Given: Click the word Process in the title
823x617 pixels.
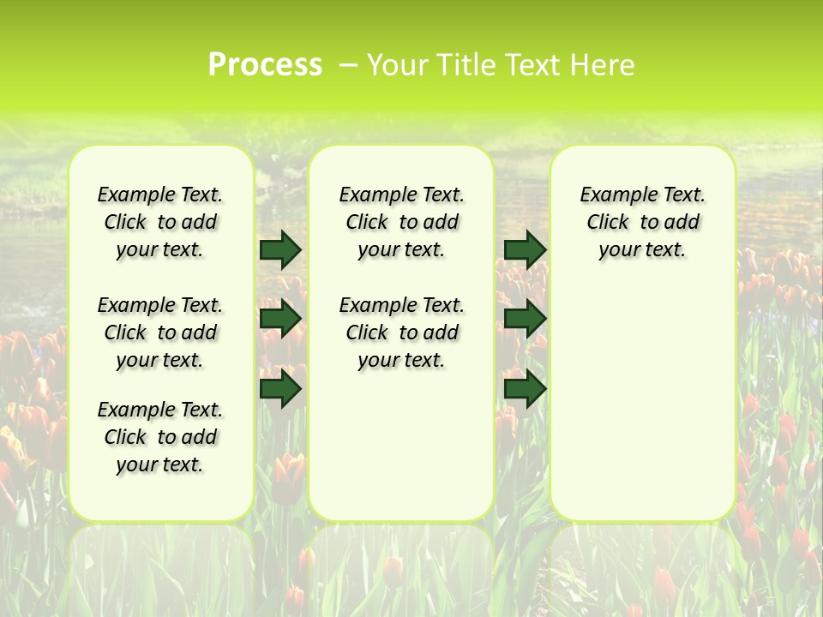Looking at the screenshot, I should [x=265, y=65].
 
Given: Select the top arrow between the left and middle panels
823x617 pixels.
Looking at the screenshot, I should [x=280, y=249].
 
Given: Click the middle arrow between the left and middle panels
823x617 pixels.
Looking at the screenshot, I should [x=280, y=319].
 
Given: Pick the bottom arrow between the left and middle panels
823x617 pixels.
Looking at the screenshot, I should [x=280, y=389].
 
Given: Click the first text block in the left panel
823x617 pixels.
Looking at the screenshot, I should [x=160, y=222].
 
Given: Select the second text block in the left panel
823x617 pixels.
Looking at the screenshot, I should [x=160, y=332].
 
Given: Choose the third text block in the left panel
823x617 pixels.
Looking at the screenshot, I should [x=160, y=437].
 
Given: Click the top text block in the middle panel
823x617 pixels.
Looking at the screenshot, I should [x=401, y=222].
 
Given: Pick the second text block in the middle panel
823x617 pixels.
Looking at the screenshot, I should [x=401, y=332].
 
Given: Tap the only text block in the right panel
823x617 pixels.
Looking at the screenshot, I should [x=642, y=222].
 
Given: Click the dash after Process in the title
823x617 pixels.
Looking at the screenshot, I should [x=348, y=65].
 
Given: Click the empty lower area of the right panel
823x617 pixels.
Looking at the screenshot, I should [x=642, y=403].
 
